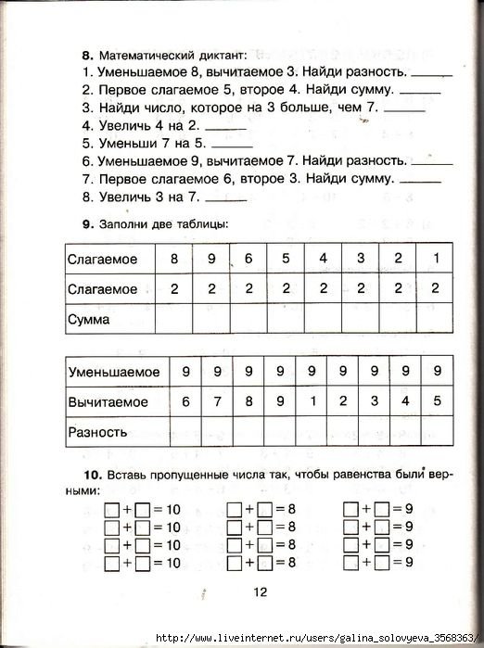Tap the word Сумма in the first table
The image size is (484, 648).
click(89, 320)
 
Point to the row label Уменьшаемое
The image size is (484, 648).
click(113, 372)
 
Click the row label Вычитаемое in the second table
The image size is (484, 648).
click(108, 402)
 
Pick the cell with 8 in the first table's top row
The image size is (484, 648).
click(173, 259)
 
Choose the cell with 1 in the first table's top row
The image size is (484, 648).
click(435, 259)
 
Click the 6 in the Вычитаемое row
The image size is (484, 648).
click(185, 401)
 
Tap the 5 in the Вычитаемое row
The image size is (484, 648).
click(438, 401)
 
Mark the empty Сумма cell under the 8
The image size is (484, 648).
click(173, 320)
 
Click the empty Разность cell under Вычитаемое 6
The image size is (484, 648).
click(185, 432)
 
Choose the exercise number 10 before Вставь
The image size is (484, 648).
click(89, 476)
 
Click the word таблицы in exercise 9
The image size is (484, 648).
click(204, 223)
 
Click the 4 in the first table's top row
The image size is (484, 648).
click(323, 259)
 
